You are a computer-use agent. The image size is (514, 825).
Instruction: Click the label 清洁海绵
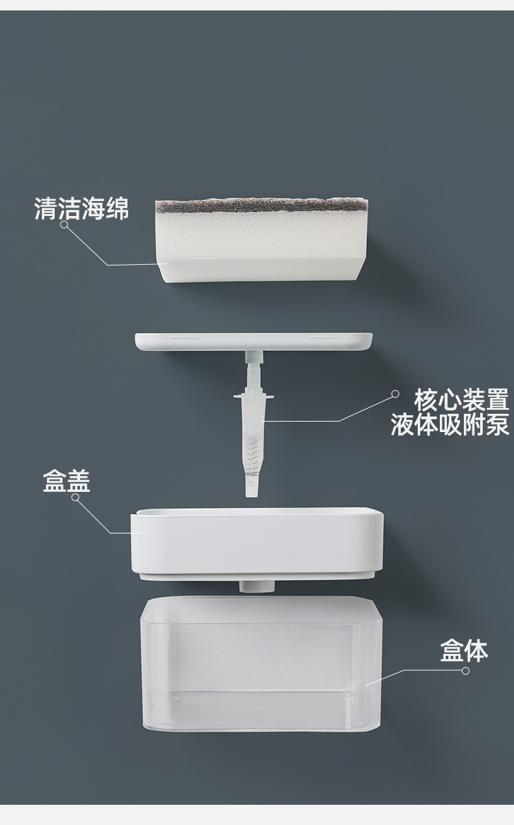(x=81, y=210)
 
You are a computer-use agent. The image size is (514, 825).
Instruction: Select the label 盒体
(x=464, y=650)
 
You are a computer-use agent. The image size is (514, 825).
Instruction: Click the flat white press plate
(x=254, y=342)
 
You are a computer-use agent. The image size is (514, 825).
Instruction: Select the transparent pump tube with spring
(x=254, y=442)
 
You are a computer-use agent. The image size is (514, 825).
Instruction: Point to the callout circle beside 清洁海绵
(x=64, y=224)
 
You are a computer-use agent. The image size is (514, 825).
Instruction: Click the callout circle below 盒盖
(x=75, y=498)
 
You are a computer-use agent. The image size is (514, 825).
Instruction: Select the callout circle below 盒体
(x=465, y=670)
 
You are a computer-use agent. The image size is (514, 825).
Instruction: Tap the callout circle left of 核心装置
(x=394, y=394)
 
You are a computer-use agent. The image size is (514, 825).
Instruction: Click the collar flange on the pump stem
(x=254, y=396)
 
